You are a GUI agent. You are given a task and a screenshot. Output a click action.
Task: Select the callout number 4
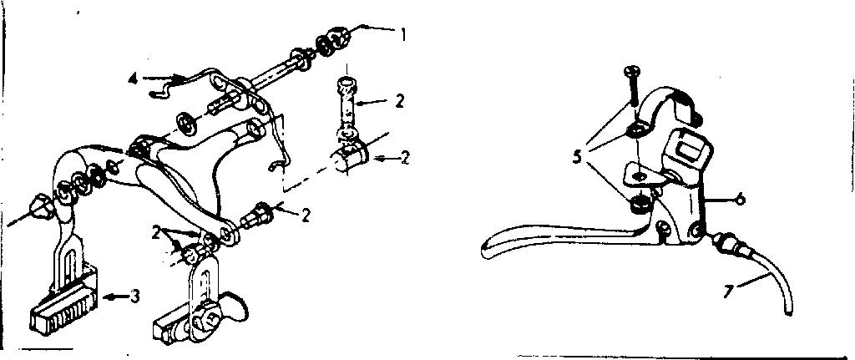[x=133, y=79]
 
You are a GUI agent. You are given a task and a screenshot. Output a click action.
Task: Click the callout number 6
[x=740, y=199]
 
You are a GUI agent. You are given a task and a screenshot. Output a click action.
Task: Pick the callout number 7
[x=727, y=291]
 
